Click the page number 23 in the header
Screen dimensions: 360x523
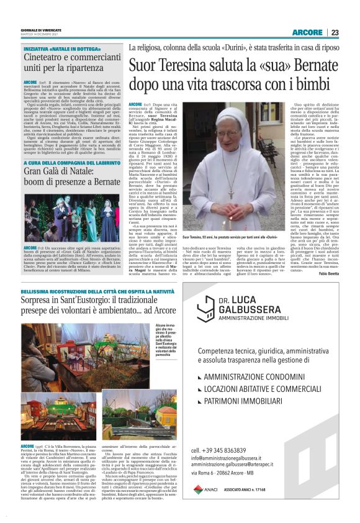335,32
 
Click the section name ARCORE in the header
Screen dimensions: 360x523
308,32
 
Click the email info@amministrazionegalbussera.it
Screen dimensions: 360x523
243,458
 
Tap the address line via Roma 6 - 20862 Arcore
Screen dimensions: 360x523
233,475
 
